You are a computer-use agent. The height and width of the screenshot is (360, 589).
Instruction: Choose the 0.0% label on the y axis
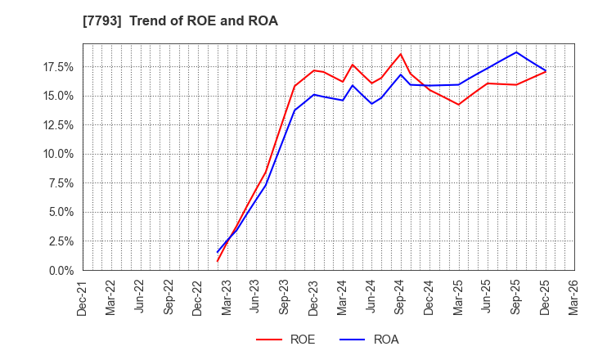[x=61, y=270]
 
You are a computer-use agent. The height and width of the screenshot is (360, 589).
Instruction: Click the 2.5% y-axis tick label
[x=61, y=241]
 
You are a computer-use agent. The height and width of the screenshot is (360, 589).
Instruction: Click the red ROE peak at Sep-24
[x=401, y=54]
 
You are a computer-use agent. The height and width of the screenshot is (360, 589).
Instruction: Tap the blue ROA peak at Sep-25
[x=516, y=52]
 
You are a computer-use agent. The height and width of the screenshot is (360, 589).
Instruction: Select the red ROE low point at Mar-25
[x=459, y=105]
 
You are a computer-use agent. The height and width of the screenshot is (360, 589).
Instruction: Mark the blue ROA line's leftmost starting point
[x=218, y=252]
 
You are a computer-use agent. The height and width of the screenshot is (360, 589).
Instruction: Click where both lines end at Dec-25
[x=546, y=71]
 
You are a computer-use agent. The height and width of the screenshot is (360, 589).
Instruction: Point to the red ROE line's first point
[x=218, y=261]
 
